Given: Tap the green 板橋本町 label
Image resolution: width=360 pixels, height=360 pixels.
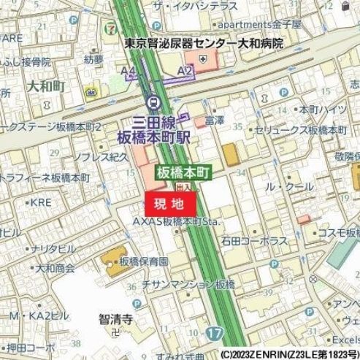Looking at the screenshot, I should pos(183,173).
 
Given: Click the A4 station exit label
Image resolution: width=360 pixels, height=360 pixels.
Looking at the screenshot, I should pos(129,71).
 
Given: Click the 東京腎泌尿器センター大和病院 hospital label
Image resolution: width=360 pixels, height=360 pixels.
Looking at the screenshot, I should pos(203,44).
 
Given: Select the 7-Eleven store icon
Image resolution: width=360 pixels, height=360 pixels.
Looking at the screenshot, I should pos(110,28).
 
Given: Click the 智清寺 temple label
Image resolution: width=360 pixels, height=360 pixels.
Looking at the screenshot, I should pos(115,319).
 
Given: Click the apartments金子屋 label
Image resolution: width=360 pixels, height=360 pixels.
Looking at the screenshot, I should pos(259,24).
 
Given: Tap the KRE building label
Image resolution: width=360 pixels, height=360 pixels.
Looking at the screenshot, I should pos(41,202).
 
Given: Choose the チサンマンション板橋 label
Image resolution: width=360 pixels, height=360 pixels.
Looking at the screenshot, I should pos(188,284).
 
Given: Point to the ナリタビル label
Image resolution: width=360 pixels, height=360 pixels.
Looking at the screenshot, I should pos(53,249).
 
